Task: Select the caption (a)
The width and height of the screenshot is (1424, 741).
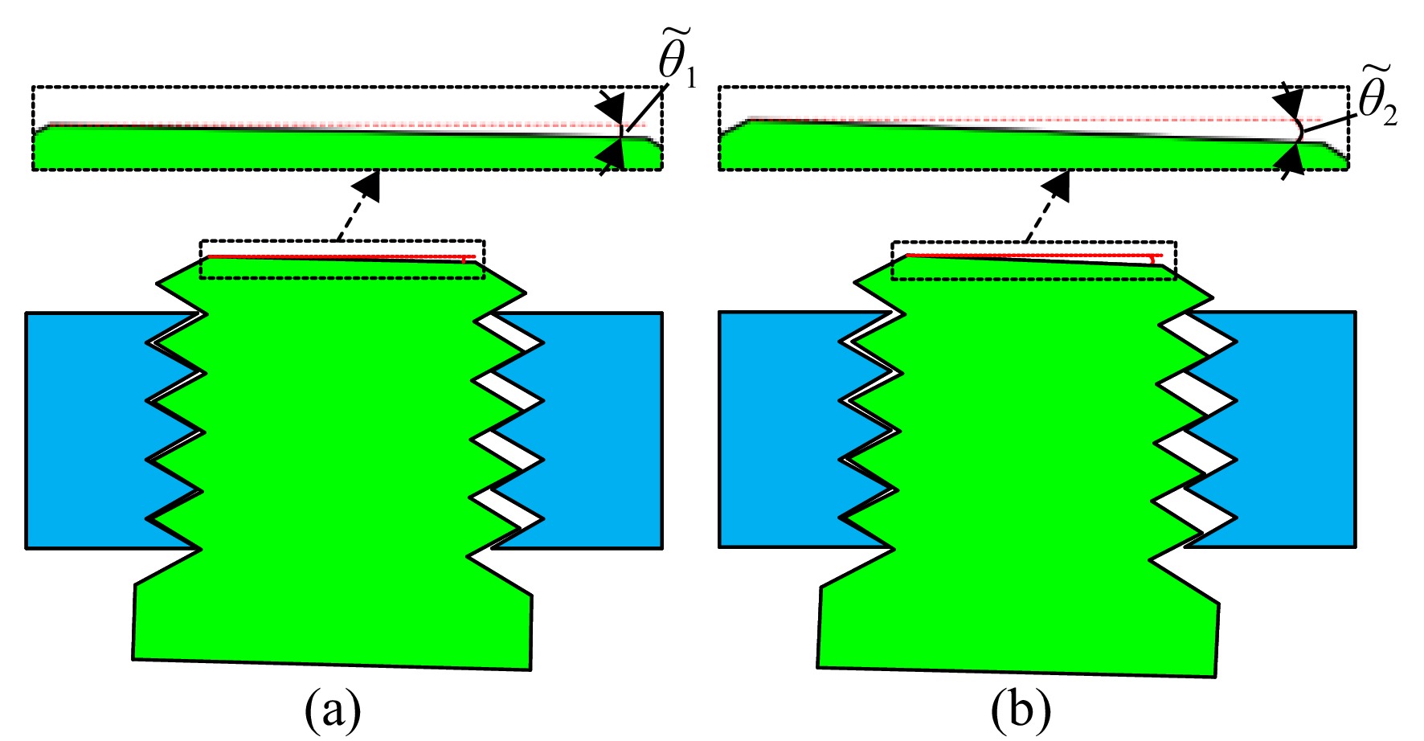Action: (333, 710)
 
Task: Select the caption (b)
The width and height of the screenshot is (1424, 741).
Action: (1021, 710)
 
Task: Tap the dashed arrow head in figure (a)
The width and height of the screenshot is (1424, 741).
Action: (369, 184)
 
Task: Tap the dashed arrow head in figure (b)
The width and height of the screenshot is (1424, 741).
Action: (1058, 184)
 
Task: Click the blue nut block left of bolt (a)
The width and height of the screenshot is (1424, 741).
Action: (88, 430)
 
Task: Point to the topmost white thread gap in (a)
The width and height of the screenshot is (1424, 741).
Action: (508, 332)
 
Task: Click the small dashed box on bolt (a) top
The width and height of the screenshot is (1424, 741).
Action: (342, 259)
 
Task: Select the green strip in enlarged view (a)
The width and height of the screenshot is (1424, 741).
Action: (347, 149)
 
